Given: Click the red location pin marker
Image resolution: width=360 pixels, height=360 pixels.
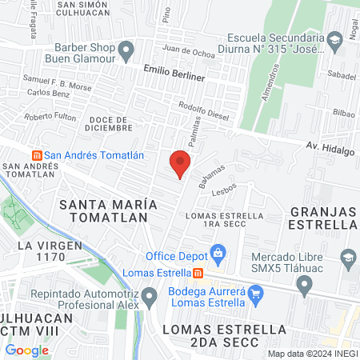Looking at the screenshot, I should (x=180, y=162).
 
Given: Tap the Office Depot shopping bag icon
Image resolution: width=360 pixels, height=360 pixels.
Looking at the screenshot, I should (x=217, y=254).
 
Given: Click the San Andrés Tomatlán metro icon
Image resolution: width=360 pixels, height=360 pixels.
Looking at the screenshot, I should (x=35, y=154).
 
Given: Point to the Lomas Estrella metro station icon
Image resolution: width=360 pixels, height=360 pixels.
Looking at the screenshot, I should (x=197, y=272).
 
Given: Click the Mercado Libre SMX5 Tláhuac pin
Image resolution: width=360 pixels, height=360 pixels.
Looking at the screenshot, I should (x=348, y=258).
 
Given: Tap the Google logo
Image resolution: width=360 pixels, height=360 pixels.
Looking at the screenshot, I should (x=26, y=350).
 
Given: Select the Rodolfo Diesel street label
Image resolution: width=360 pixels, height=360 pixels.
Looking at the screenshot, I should (x=203, y=111).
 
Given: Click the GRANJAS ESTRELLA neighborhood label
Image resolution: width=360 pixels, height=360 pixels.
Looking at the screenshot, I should (x=324, y=217).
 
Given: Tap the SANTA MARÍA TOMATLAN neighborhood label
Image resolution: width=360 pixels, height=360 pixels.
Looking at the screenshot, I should (x=106, y=210).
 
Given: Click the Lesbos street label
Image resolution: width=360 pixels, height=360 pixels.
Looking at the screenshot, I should (x=223, y=191).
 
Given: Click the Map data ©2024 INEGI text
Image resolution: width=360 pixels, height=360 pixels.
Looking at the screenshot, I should (x=311, y=353).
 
